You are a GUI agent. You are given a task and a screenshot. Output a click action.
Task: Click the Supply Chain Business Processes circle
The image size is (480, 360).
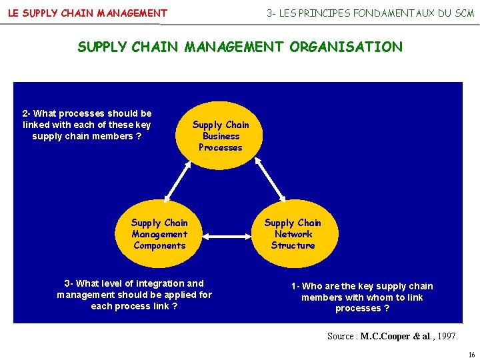tap(220, 136)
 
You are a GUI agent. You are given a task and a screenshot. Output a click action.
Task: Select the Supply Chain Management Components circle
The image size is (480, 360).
tap(159, 234)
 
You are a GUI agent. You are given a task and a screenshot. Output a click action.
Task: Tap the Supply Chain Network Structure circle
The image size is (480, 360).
tap(293, 234)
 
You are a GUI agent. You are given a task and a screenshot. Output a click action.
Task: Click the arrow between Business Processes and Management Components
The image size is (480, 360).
tap(183, 180)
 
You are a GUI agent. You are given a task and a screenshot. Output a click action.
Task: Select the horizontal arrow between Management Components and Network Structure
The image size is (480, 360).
tap(226, 235)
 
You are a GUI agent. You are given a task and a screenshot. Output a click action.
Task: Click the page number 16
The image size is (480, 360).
tap(471, 355)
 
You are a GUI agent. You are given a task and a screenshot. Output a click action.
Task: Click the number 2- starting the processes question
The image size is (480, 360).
tap(26, 113)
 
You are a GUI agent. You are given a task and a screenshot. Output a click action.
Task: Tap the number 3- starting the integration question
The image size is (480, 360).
tap(68, 283)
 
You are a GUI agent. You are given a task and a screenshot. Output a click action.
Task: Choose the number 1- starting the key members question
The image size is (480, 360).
tap(295, 286)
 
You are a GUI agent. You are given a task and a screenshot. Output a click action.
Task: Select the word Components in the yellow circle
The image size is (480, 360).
tap(159, 245)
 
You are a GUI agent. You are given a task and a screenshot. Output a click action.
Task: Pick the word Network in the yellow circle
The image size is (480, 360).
tap(293, 234)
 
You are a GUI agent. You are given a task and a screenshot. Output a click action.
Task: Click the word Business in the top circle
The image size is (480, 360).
tap(221, 136)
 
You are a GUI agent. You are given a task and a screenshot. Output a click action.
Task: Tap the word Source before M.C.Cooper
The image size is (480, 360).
tap(341, 337)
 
